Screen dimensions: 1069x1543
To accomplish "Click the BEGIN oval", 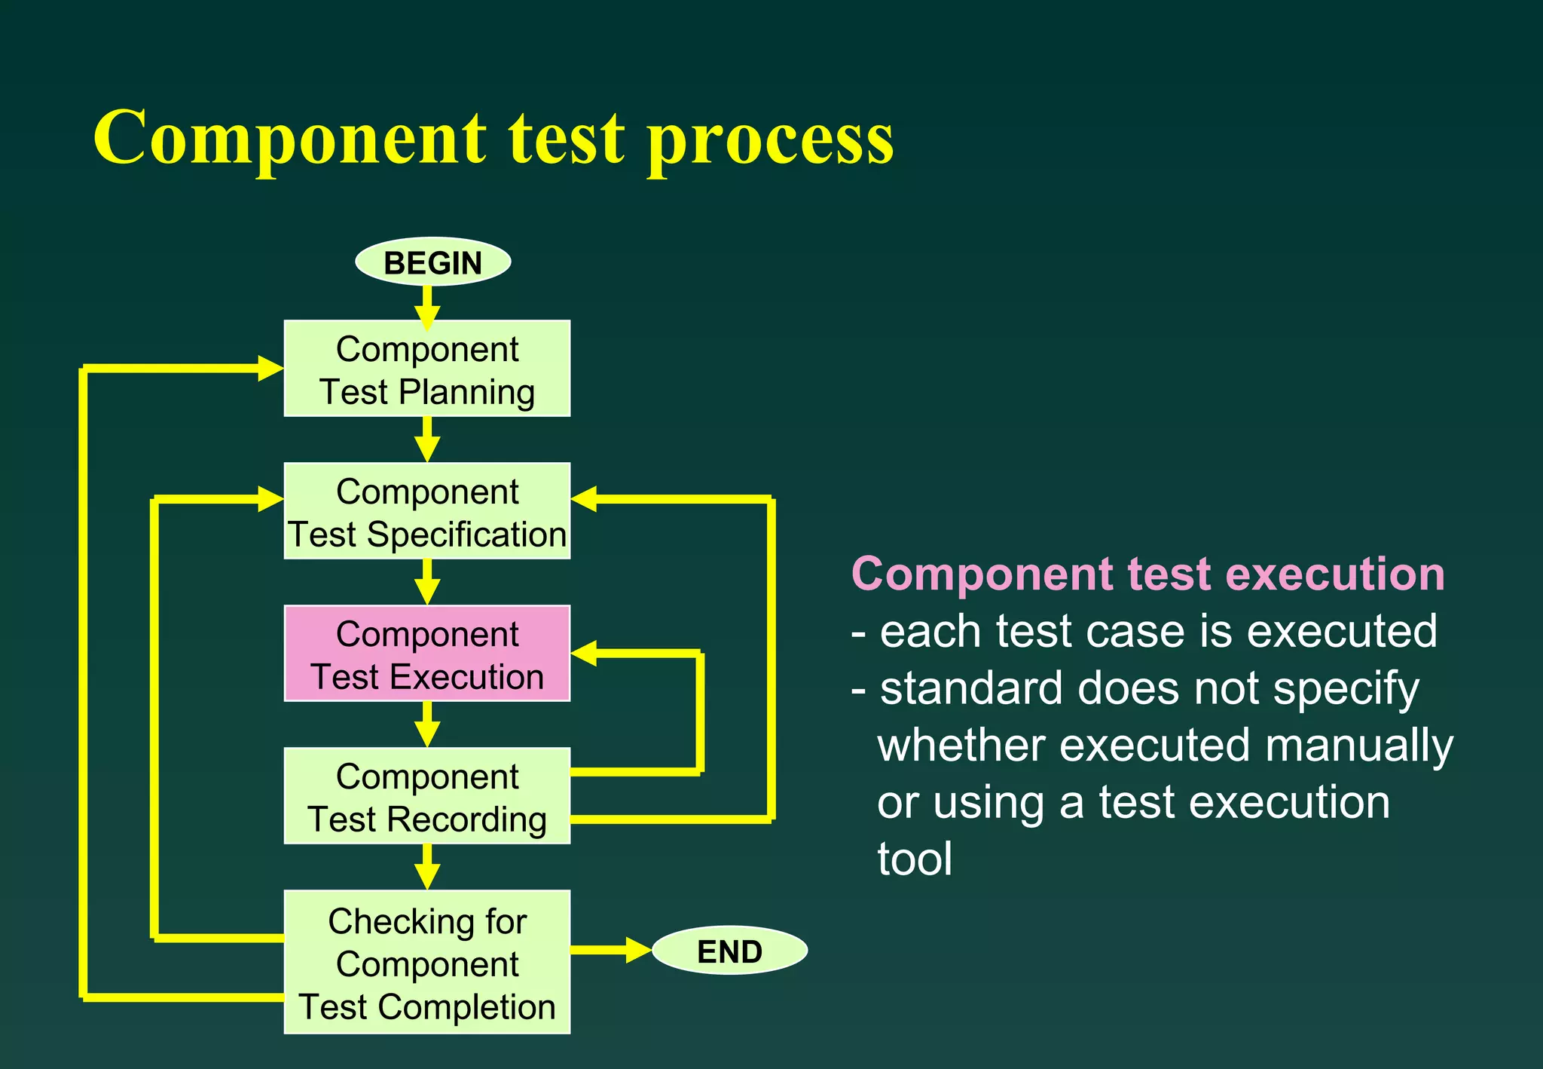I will (432, 262).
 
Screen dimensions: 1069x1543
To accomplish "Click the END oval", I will (729, 951).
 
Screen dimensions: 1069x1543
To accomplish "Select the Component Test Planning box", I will (426, 369).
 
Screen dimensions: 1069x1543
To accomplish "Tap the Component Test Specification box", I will (426, 511).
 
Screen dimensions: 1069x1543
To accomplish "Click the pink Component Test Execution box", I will (426, 654).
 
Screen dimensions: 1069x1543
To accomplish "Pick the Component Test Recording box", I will (426, 796).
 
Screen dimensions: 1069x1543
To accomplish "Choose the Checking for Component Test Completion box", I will (426, 962).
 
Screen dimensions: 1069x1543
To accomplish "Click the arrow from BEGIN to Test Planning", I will (427, 305).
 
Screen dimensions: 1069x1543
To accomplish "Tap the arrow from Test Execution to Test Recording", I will (427, 724).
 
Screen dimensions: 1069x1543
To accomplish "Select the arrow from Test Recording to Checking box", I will (427, 867).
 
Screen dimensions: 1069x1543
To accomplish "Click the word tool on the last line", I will (915, 859).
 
